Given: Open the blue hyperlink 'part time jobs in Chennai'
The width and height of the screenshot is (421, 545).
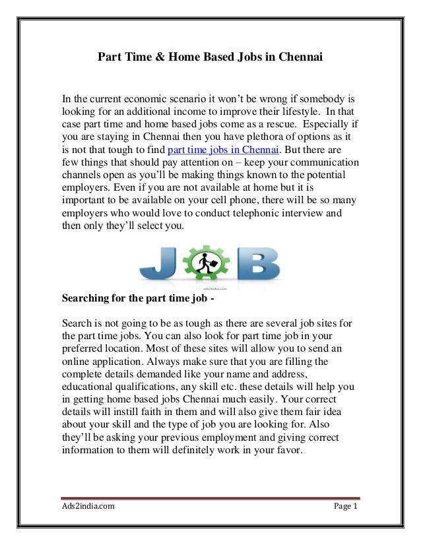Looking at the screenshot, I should pyautogui.click(x=225, y=149).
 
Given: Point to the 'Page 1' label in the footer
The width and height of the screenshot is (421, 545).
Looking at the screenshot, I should pyautogui.click(x=346, y=507).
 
